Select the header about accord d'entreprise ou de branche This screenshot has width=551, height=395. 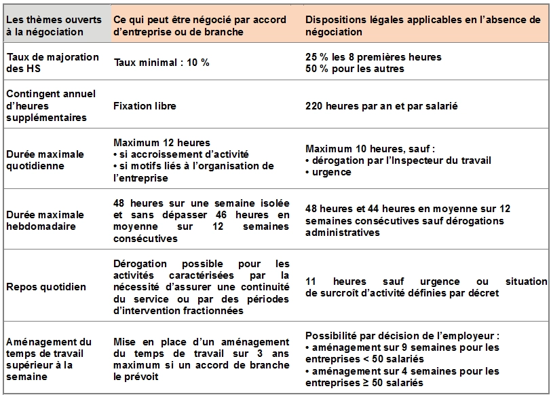pos(200,25)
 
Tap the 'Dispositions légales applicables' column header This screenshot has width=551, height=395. pos(423,25)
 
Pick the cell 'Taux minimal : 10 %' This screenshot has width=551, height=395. pos(161,62)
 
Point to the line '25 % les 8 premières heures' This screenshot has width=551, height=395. pos(373,56)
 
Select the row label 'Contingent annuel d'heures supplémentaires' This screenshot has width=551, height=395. pos(51,105)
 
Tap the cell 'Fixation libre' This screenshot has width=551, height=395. pos(145,105)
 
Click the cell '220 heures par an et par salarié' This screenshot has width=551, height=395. pos(382,105)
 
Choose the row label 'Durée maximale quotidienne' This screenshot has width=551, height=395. pos(45,160)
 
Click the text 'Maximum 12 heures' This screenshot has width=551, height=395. pos(161,143)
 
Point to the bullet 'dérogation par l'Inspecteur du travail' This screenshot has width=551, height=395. pos(398,160)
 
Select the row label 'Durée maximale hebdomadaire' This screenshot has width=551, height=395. pos(45,220)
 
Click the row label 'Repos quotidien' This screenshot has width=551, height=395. pos(45,287)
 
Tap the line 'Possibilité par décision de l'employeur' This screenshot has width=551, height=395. pos(402,336)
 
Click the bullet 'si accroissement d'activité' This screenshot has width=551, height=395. pos(181,154)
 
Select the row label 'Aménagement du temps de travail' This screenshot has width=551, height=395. pos(48,358)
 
